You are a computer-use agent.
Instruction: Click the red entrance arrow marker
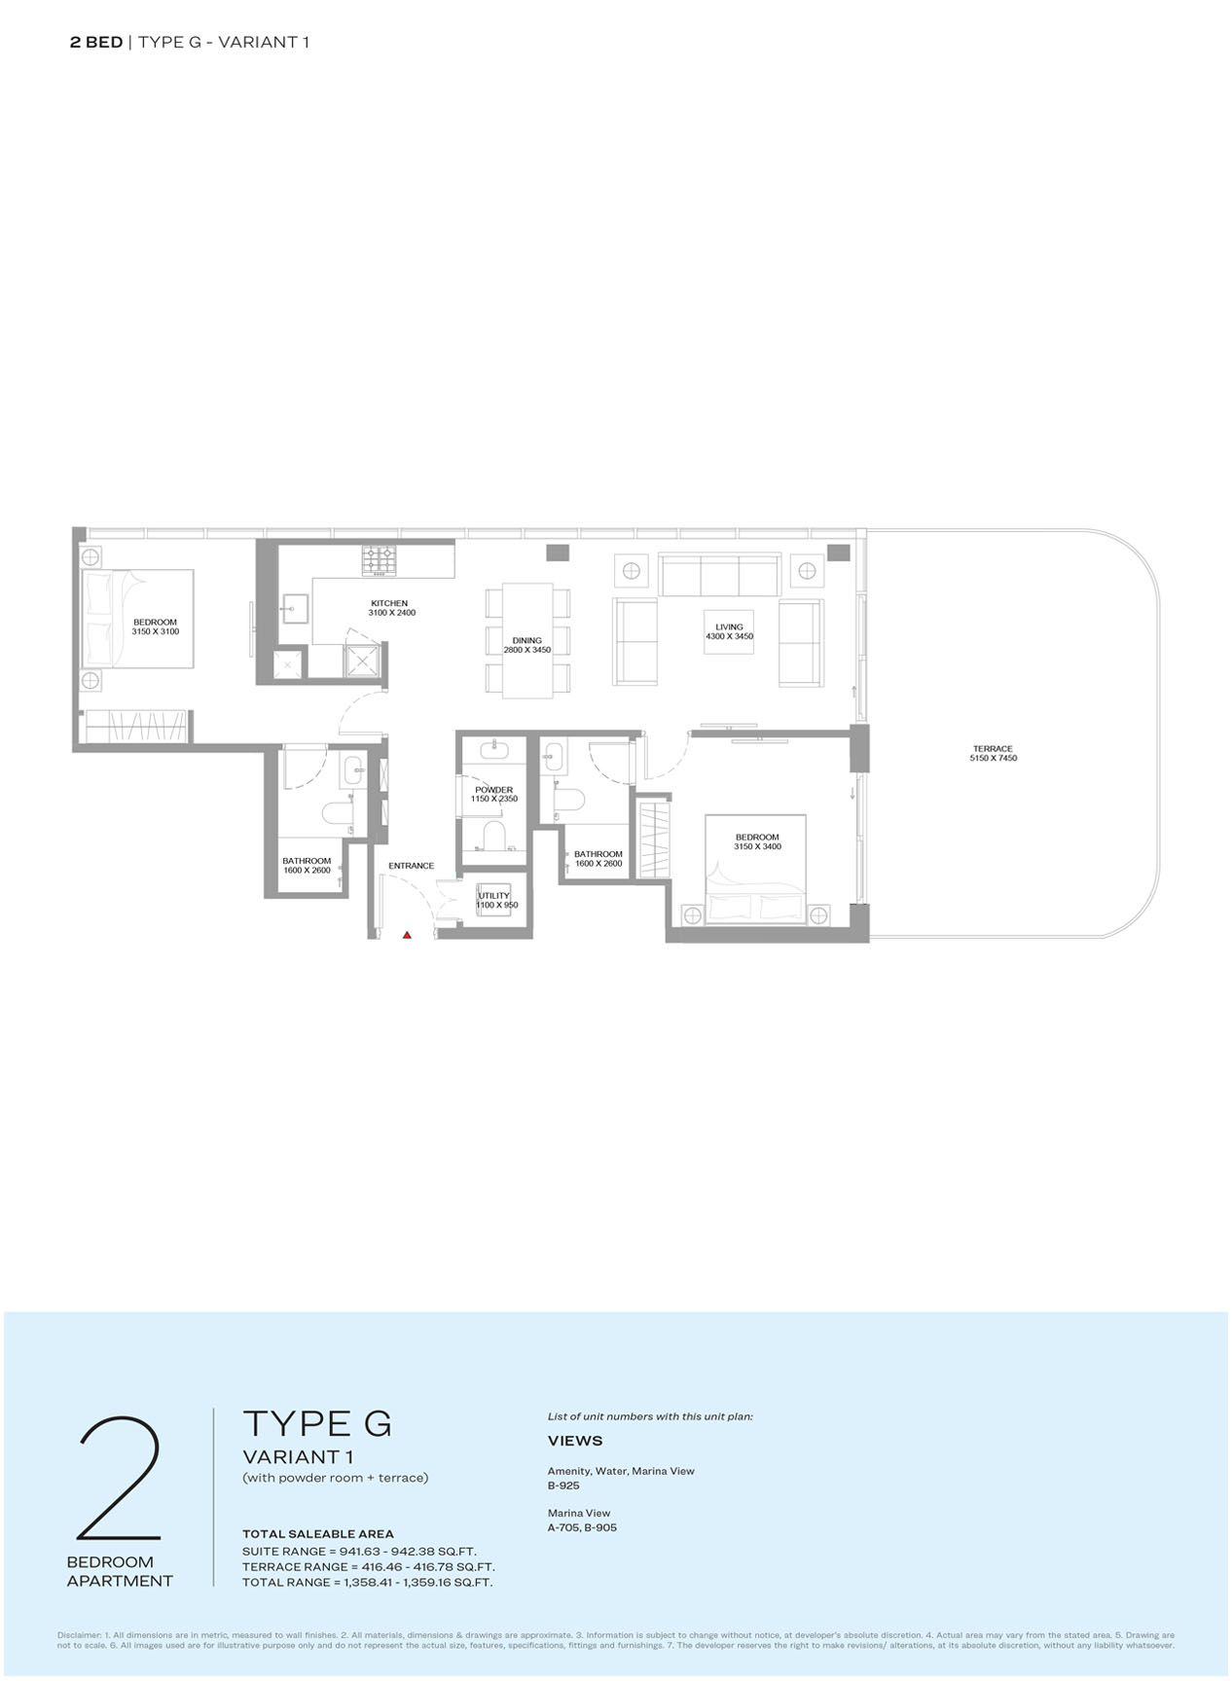407,935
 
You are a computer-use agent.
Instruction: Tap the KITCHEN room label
389,603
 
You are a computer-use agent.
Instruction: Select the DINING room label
527,641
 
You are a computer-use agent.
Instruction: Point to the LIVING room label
729,627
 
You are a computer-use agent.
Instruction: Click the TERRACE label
993,749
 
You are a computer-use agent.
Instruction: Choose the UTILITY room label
494,896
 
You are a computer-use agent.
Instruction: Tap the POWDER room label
494,790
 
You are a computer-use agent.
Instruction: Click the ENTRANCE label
412,866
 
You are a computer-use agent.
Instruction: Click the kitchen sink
292,610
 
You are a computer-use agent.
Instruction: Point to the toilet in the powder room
494,835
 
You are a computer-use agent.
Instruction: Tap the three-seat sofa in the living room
720,575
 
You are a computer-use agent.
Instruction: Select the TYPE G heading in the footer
317,1423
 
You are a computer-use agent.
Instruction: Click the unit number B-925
563,1485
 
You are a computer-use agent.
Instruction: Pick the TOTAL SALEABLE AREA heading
318,1534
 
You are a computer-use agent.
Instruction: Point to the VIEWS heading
575,1441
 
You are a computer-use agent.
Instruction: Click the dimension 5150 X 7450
994,758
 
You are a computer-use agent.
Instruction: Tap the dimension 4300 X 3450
730,636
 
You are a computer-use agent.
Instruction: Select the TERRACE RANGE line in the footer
369,1567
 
